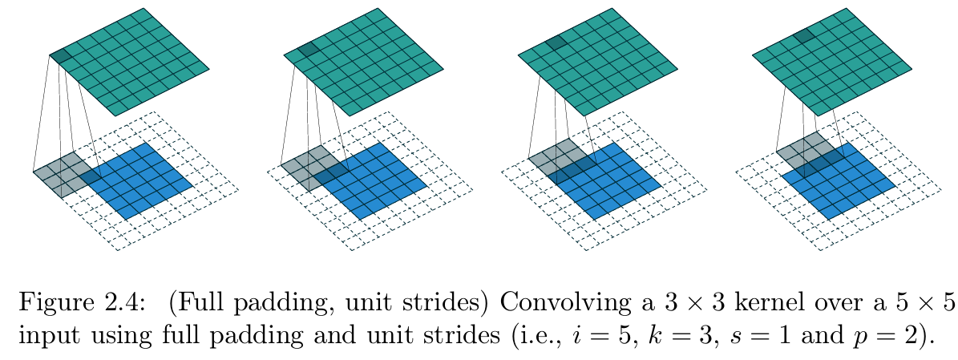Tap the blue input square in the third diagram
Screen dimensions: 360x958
[x=609, y=180]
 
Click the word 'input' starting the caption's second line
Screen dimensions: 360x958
[x=40, y=332]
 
